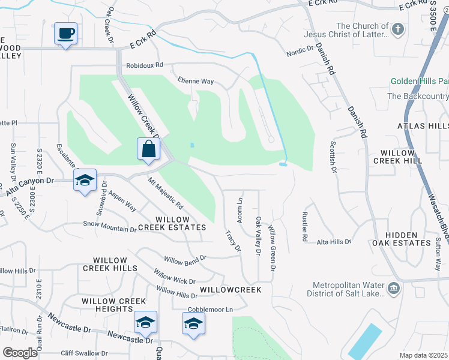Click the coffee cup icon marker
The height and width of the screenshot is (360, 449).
pyautogui.click(x=65, y=33)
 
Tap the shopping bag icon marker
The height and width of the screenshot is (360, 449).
pyautogui.click(x=148, y=149)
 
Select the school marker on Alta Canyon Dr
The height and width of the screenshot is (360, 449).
pyautogui.click(x=85, y=180)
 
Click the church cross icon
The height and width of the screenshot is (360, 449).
pyautogui.click(x=397, y=29)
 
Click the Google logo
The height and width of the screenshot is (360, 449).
pyautogui.click(x=20, y=353)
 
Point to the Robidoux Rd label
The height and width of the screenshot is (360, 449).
pyautogui.click(x=144, y=67)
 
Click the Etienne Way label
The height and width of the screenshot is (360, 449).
pyautogui.click(x=196, y=81)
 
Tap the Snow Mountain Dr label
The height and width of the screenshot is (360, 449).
pyautogui.click(x=110, y=226)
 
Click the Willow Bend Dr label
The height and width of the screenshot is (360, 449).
pyautogui.click(x=185, y=259)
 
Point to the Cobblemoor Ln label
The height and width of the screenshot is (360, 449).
pyautogui.click(x=210, y=310)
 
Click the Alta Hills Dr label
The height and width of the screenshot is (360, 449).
pyautogui.click(x=334, y=241)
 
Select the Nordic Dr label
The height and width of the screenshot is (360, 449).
pyautogui.click(x=300, y=52)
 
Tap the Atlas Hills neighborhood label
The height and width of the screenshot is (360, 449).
pyautogui.click(x=423, y=126)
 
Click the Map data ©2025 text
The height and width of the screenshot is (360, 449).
pyautogui.click(x=423, y=355)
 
